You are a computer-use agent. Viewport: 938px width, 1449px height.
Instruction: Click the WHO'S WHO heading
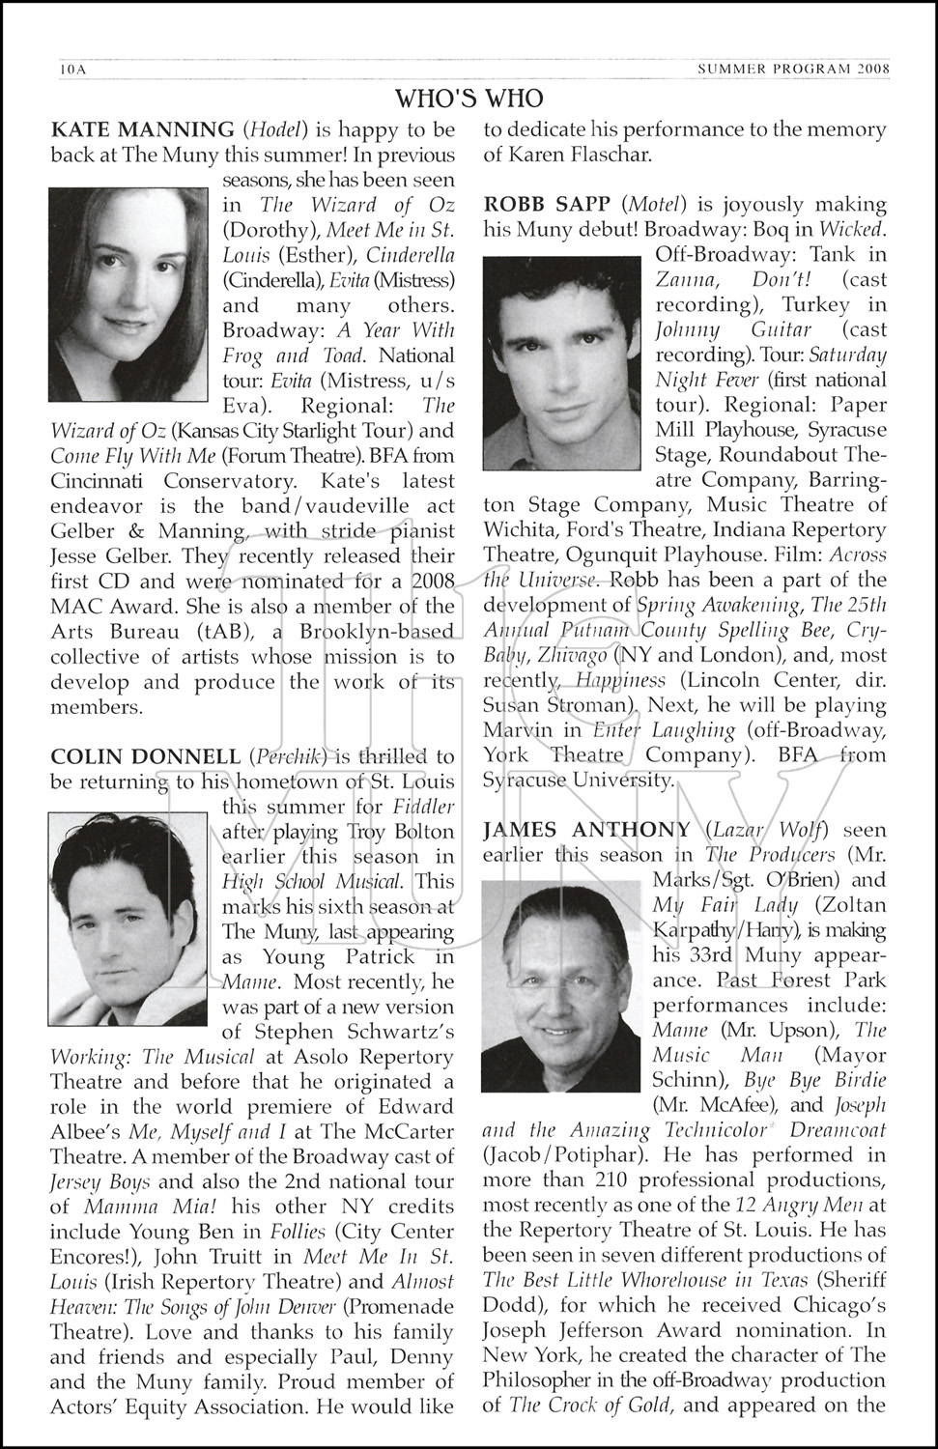tap(469, 99)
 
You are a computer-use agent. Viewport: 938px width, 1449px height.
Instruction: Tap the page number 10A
tap(72, 69)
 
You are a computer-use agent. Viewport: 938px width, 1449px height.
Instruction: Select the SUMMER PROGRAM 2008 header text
tap(791, 69)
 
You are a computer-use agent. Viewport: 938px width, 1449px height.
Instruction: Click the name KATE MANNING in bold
tap(142, 129)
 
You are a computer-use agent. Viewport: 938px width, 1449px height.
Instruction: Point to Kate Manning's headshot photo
tap(128, 294)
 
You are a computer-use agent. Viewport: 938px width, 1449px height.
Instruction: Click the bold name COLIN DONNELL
tap(145, 755)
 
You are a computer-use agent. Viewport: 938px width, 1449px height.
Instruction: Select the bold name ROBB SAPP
tap(548, 205)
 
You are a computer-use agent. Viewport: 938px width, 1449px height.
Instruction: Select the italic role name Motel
tap(655, 205)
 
